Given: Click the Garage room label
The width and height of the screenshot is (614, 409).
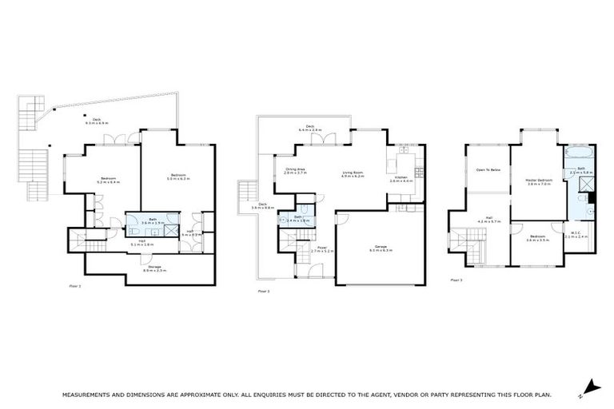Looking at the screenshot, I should pos(376,248).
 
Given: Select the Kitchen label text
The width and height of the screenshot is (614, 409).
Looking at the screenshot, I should pos(401,179).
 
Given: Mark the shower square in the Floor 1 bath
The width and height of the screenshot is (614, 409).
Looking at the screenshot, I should pos(169,228).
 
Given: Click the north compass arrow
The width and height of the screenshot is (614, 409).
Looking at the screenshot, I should pos(591,387).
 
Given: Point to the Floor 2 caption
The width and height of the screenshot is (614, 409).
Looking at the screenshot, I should pos(264,292).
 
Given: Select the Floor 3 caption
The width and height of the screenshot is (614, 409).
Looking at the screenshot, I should pos(456,280).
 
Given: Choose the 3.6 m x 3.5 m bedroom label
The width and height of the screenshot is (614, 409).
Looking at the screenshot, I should pos(538,239).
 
